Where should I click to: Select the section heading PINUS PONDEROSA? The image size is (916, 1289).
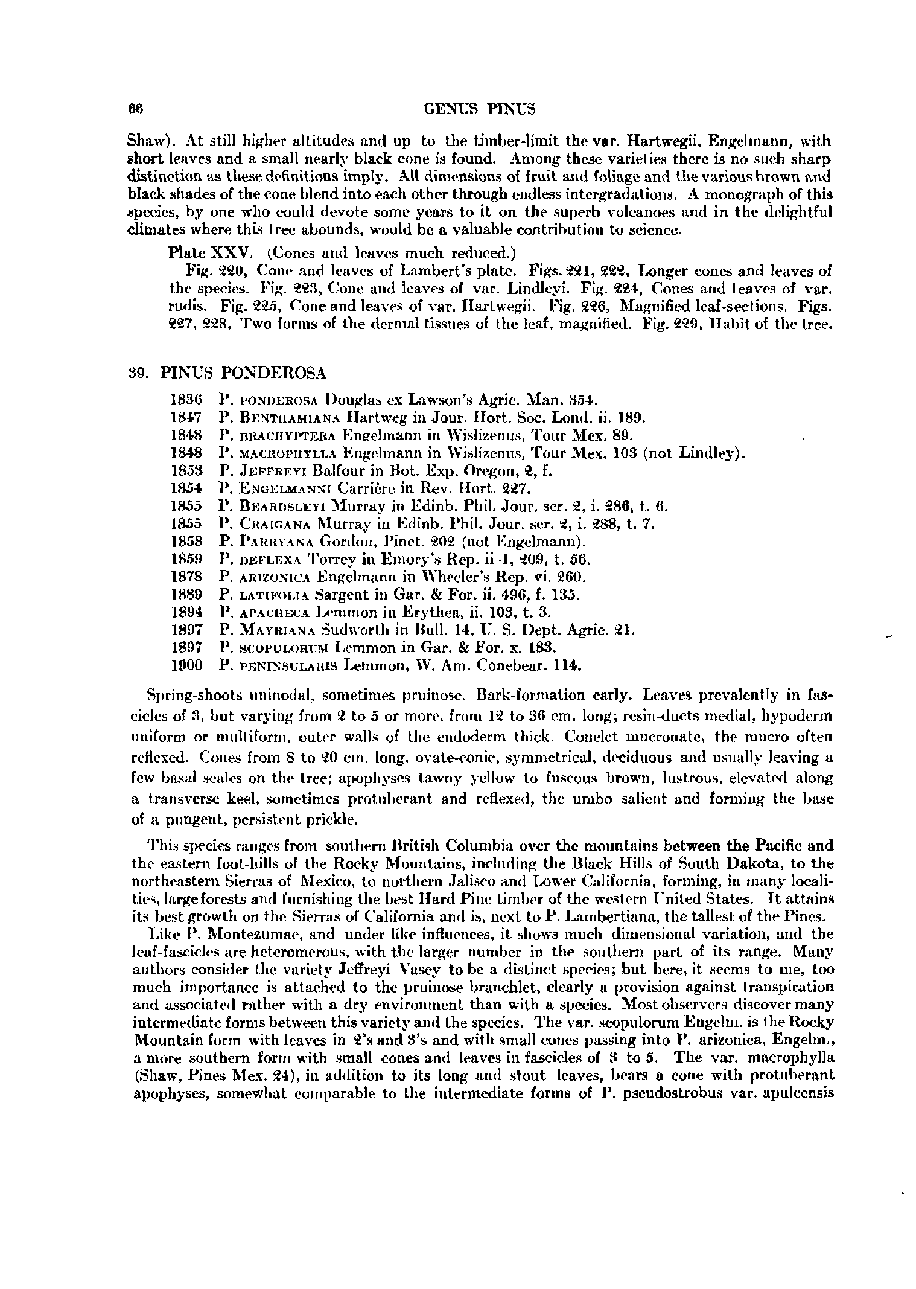(244, 373)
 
